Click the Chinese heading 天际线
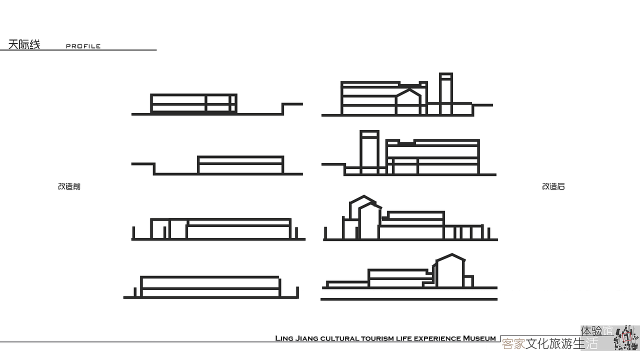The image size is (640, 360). [x=24, y=44]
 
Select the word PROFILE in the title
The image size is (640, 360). [x=83, y=46]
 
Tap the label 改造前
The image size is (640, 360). [x=69, y=186]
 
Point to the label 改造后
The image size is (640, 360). [x=553, y=186]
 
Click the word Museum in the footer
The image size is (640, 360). [x=479, y=338]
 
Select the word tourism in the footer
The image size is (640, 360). [x=377, y=339]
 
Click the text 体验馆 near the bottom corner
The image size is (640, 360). [x=596, y=331]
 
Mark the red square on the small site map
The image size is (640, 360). [x=627, y=337]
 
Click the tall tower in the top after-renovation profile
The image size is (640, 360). [x=446, y=94]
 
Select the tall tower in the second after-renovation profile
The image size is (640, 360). [x=369, y=152]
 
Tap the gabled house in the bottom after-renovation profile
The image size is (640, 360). [x=449, y=270]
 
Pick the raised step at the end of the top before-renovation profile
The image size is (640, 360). [x=292, y=104]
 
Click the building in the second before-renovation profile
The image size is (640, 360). [x=240, y=165]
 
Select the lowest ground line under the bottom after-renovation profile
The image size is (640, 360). [x=409, y=299]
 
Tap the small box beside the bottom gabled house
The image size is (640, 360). [x=468, y=281]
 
